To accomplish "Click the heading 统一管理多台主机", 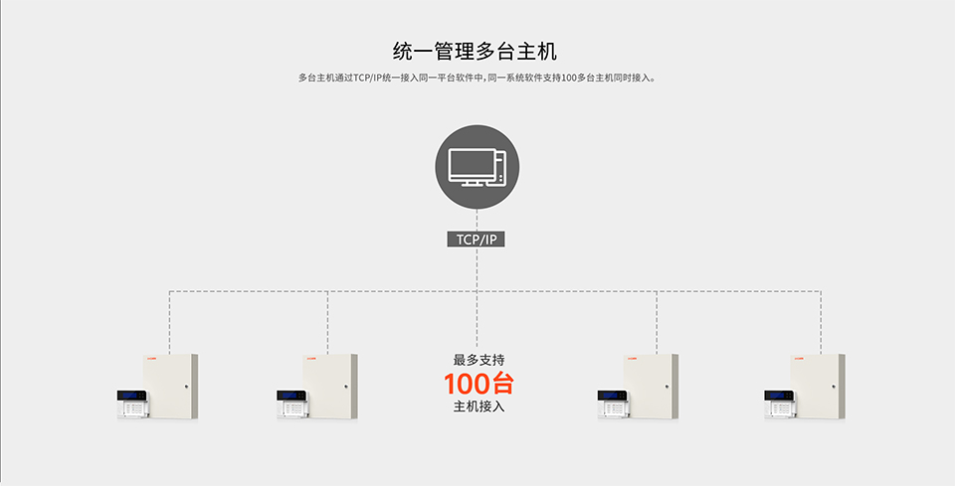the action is [475, 51].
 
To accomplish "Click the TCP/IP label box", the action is [477, 240].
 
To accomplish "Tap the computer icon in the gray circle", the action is [477, 167].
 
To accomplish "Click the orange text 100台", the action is [478, 384].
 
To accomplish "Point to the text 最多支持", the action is [478, 360].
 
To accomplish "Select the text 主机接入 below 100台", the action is [478, 406].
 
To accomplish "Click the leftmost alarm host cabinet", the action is [170, 387].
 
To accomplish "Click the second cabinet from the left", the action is [330, 387].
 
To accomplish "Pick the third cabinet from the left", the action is [651, 387].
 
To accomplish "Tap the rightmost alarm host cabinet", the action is [818, 387].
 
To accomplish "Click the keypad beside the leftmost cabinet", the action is [132, 404].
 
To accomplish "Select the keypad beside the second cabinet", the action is [292, 404].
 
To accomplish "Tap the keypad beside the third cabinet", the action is [613, 404].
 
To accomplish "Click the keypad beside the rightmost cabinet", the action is [780, 404].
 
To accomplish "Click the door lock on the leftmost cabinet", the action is [186, 387].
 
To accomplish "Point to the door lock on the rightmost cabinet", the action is [834, 387].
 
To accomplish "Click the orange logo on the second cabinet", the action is [311, 358].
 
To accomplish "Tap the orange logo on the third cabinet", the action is [632, 358].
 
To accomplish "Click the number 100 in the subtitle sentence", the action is [568, 79].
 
